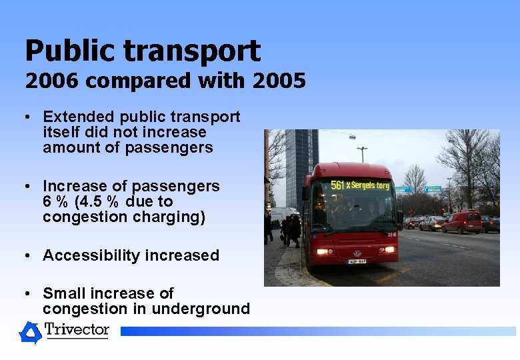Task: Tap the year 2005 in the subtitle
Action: pos(279,81)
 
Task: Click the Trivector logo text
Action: pos(77,330)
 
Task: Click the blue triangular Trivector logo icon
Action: pos(30,332)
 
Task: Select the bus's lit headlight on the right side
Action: pos(387,249)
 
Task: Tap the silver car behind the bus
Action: pos(432,223)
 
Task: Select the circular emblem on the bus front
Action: pos(357,253)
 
